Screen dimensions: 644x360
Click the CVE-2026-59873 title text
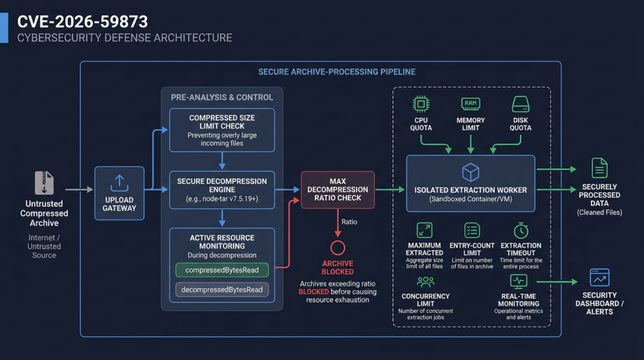click(x=82, y=21)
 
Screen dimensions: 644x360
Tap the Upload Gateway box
click(x=119, y=193)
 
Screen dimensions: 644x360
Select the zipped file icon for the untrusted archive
click(x=45, y=183)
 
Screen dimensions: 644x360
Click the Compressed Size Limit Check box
click(x=222, y=130)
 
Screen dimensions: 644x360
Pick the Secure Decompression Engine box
click(x=222, y=190)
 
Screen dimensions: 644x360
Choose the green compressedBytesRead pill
click(x=222, y=270)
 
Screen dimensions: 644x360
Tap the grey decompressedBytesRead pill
click(x=222, y=290)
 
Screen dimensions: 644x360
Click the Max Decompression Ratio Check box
click(x=338, y=190)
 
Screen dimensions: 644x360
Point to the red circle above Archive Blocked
click(x=338, y=241)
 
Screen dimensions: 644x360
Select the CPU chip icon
click(x=421, y=104)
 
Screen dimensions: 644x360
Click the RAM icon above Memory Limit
click(x=470, y=104)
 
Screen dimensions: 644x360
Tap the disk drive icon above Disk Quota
click(x=520, y=104)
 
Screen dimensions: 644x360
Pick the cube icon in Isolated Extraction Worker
click(x=470, y=172)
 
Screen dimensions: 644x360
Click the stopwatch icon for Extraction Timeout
click(x=521, y=230)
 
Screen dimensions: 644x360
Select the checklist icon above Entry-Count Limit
click(x=472, y=230)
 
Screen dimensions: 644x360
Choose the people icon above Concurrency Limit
click(x=426, y=282)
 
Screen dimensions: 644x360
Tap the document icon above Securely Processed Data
click(x=599, y=167)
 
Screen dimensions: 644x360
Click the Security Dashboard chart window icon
click(x=599, y=278)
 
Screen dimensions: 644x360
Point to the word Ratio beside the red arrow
click(x=349, y=222)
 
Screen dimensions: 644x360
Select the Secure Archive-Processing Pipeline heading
click(x=337, y=72)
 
